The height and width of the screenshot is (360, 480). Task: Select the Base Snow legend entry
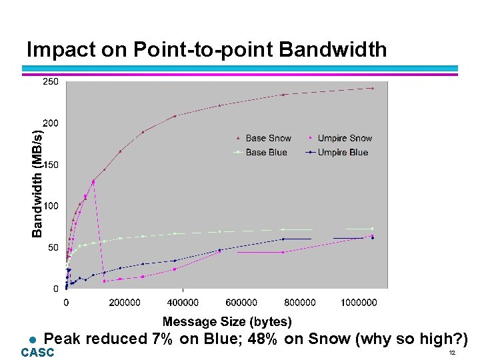click(x=268, y=138)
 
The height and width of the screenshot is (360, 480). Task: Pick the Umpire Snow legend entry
click(x=345, y=138)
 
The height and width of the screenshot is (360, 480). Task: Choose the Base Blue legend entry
click(x=266, y=153)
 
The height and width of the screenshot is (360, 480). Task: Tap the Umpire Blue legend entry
click(x=343, y=153)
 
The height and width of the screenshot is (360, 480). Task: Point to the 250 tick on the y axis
click(x=51, y=81)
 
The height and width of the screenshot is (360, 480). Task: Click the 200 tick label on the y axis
click(x=51, y=123)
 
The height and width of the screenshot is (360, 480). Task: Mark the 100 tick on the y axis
click(x=51, y=206)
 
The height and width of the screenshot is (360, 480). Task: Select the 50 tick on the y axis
click(x=53, y=247)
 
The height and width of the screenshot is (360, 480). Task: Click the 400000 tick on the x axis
click(x=184, y=303)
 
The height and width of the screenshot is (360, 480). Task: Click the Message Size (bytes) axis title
click(x=227, y=322)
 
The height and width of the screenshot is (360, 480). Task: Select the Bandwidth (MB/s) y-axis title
click(x=38, y=182)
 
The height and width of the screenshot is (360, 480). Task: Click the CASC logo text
click(x=37, y=353)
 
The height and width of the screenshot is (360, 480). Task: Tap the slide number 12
click(x=451, y=353)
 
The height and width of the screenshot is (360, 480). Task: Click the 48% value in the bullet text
click(x=262, y=339)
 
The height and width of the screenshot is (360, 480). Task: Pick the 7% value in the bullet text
click(x=162, y=339)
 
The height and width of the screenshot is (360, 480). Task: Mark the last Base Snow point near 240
click(x=373, y=88)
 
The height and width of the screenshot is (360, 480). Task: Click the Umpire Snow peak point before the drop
click(x=93, y=181)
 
